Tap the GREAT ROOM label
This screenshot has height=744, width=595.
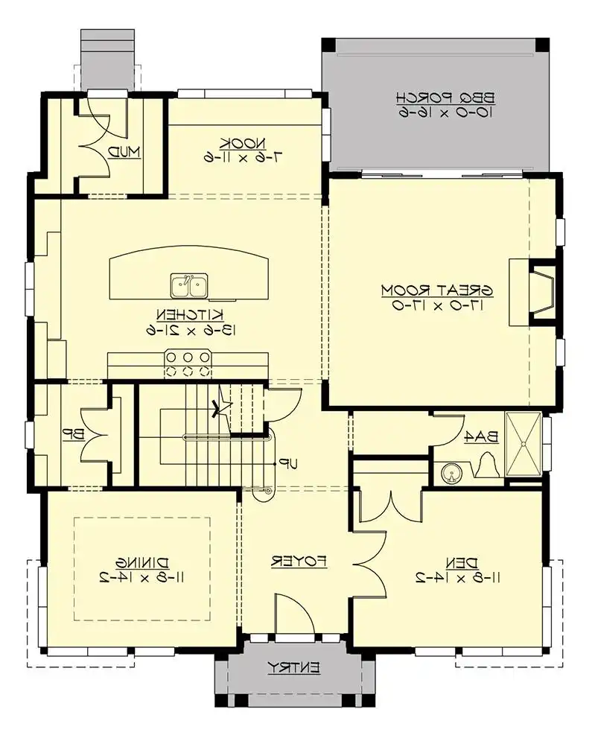click(x=439, y=288)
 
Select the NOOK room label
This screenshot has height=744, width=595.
click(x=233, y=142)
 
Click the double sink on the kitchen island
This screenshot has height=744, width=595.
click(x=189, y=284)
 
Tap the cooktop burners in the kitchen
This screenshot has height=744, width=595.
click(x=188, y=363)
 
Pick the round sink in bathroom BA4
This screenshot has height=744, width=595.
click(x=450, y=472)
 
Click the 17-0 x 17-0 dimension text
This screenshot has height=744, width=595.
click(x=439, y=305)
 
